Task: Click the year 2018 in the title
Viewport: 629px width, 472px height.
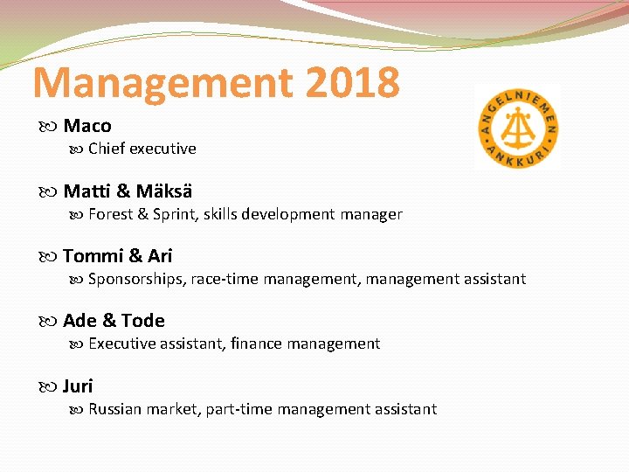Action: [353, 82]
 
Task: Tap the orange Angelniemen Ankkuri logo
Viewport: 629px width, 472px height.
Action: [517, 128]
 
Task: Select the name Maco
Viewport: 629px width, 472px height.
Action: [87, 126]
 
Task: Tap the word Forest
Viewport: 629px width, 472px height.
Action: [110, 214]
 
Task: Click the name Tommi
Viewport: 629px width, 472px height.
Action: [93, 256]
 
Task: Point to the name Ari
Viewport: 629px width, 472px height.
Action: [160, 256]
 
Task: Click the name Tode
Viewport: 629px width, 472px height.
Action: [143, 321]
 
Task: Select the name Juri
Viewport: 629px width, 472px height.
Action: [78, 386]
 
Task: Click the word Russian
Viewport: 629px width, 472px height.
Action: [114, 409]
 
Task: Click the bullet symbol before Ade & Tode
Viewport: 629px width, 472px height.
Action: [50, 322]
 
